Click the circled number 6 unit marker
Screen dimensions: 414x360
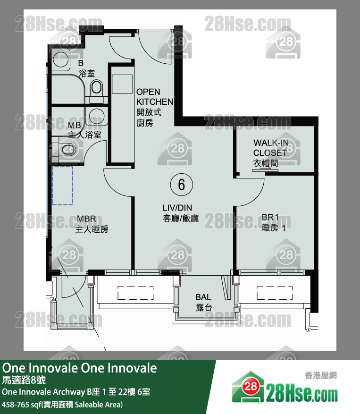(x=181, y=185)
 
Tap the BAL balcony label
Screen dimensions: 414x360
(x=203, y=302)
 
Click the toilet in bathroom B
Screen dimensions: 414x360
(x=97, y=87)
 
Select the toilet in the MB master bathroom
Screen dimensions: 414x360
(x=67, y=150)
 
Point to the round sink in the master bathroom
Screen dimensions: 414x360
(x=96, y=116)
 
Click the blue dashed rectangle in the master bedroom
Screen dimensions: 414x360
(x=63, y=185)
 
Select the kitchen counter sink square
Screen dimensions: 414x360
(x=122, y=84)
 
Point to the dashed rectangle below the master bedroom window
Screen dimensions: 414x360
(x=135, y=293)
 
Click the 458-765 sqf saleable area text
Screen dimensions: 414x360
(x=62, y=405)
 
